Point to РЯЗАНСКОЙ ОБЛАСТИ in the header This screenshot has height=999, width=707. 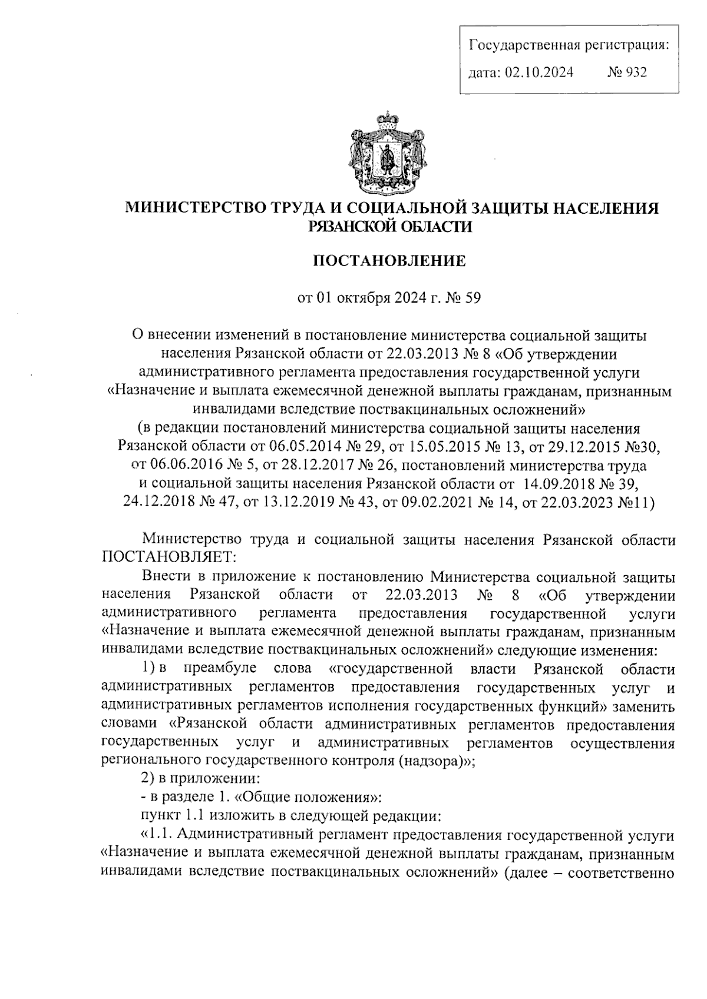391,227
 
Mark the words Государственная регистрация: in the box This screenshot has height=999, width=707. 569,45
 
